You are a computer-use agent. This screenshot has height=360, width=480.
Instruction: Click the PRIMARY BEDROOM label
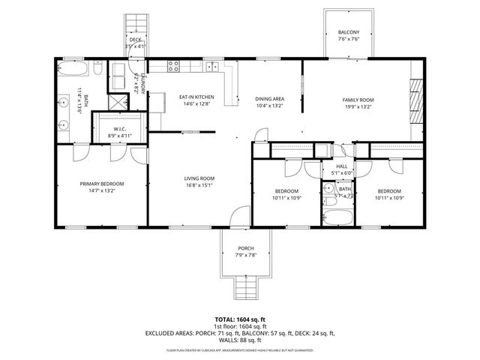click(102, 184)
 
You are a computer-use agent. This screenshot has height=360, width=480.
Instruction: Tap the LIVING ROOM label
click(199, 178)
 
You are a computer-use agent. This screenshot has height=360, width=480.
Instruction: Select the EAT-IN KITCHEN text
click(196, 97)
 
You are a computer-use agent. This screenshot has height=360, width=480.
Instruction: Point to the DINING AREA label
click(268, 99)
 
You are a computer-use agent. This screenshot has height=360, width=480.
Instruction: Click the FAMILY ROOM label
click(358, 100)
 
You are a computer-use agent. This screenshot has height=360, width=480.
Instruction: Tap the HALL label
click(341, 166)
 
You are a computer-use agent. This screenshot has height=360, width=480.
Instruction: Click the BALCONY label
click(348, 33)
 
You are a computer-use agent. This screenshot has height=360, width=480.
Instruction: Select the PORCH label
click(245, 248)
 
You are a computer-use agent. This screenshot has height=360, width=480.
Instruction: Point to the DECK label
click(135, 40)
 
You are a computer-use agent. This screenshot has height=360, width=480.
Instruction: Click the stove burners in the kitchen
click(173, 66)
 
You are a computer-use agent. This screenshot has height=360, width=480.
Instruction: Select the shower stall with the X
click(118, 102)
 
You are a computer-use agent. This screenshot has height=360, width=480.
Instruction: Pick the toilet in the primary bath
click(98, 69)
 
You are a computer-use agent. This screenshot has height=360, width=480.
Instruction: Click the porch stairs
click(245, 287)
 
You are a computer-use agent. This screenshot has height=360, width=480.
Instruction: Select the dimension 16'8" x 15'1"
click(199, 185)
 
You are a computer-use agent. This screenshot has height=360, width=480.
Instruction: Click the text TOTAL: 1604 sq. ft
click(239, 319)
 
